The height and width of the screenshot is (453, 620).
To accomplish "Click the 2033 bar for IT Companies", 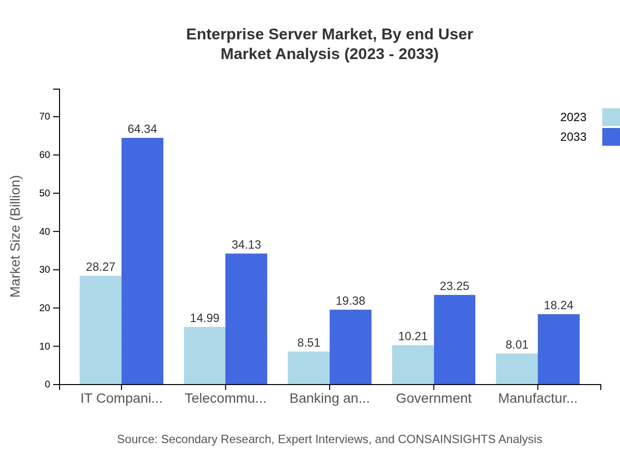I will (142, 261).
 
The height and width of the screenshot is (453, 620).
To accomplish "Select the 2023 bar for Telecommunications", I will (205, 356).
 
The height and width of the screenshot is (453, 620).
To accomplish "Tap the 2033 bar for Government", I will (455, 340).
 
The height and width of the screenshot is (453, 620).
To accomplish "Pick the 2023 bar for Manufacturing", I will (517, 369).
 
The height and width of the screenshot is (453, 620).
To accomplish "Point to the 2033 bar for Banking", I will (350, 347).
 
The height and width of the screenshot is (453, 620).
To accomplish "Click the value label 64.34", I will (142, 129).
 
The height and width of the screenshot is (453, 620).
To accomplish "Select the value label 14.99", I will (205, 318).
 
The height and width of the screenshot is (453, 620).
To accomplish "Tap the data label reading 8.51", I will (309, 343).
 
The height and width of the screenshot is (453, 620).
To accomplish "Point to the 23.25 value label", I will (454, 286).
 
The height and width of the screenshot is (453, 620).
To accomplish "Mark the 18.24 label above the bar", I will (558, 305).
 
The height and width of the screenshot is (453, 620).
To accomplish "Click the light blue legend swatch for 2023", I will (611, 117).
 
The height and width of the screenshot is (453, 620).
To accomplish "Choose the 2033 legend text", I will (573, 137).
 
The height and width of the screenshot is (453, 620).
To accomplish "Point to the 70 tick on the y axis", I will (45, 117).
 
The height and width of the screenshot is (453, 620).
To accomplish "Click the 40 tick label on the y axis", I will (45, 231).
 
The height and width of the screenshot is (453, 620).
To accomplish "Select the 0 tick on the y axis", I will (48, 385).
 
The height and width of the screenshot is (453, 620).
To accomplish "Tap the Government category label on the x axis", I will (434, 398).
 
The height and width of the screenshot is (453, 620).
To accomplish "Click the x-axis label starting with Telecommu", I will (225, 398).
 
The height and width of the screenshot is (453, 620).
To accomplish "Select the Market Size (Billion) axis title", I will (16, 236).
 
